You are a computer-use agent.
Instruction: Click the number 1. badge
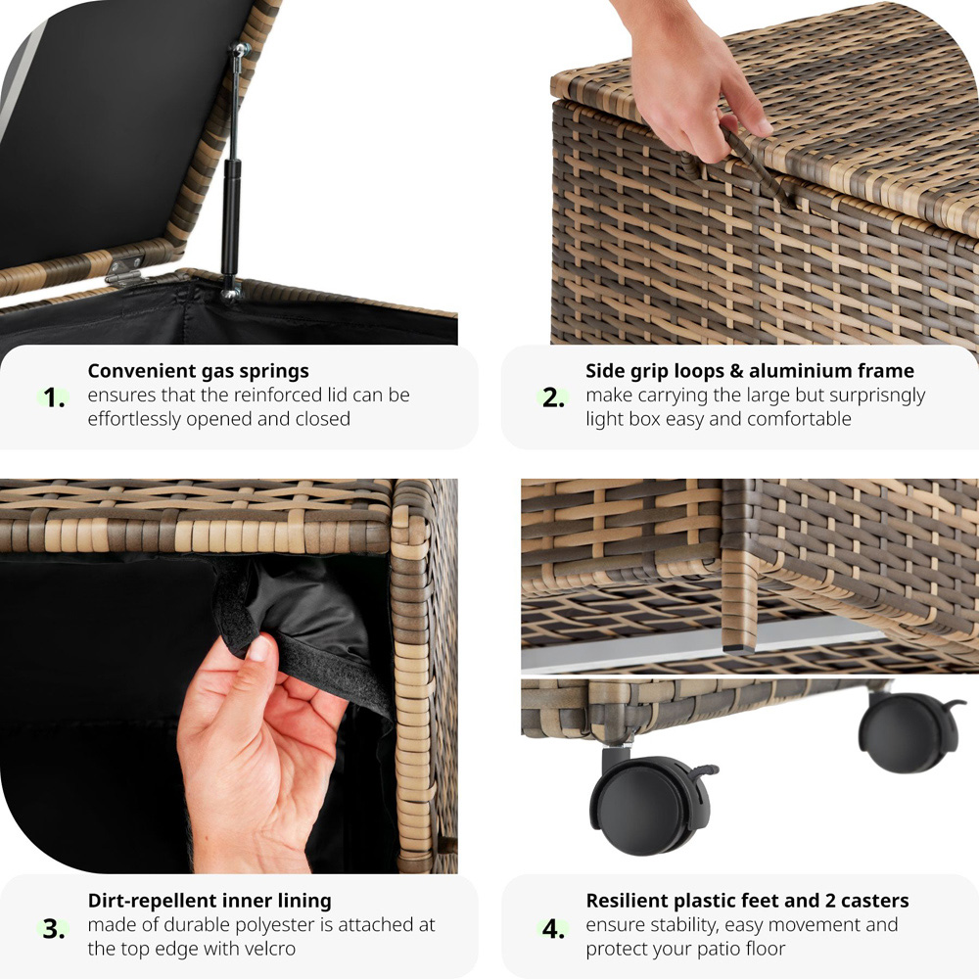pyautogui.click(x=54, y=397)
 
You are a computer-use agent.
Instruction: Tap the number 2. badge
pyautogui.click(x=553, y=397)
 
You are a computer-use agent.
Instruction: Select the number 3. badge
pyautogui.click(x=54, y=928)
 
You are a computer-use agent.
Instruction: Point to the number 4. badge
pyautogui.click(x=553, y=928)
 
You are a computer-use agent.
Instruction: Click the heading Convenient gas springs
pyautogui.click(x=198, y=371)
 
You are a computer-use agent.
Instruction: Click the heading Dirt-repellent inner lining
pyautogui.click(x=210, y=901)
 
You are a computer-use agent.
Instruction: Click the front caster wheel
pyautogui.click(x=649, y=803)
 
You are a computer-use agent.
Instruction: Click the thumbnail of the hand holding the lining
pyautogui.click(x=228, y=676)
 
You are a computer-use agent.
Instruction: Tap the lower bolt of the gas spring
pyautogui.click(x=230, y=291)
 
